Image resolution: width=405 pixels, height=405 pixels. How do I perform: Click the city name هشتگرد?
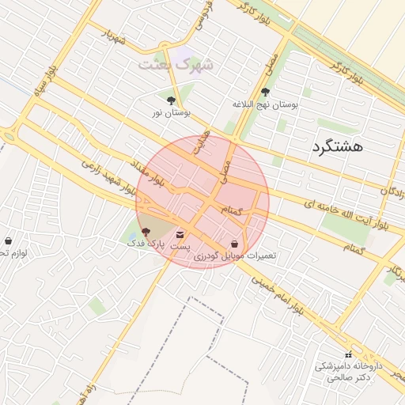click(337, 146)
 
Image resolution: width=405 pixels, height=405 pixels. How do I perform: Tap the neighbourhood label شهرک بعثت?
click(176, 65)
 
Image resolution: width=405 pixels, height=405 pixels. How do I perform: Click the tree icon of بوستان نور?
click(172, 100)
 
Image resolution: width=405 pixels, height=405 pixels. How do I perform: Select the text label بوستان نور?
click(170, 114)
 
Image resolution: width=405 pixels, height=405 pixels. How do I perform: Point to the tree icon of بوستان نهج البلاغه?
click(264, 92)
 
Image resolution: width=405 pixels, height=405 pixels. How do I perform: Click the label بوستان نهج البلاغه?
click(265, 104)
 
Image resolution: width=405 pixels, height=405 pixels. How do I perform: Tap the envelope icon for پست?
click(180, 234)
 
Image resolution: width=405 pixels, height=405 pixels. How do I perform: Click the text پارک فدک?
click(142, 244)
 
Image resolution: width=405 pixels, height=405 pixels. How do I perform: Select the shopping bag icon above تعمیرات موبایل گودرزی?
click(234, 244)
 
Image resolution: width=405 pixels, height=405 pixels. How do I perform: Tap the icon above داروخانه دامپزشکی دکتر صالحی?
click(348, 354)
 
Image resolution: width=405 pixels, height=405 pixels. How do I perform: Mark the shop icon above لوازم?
click(9, 241)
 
